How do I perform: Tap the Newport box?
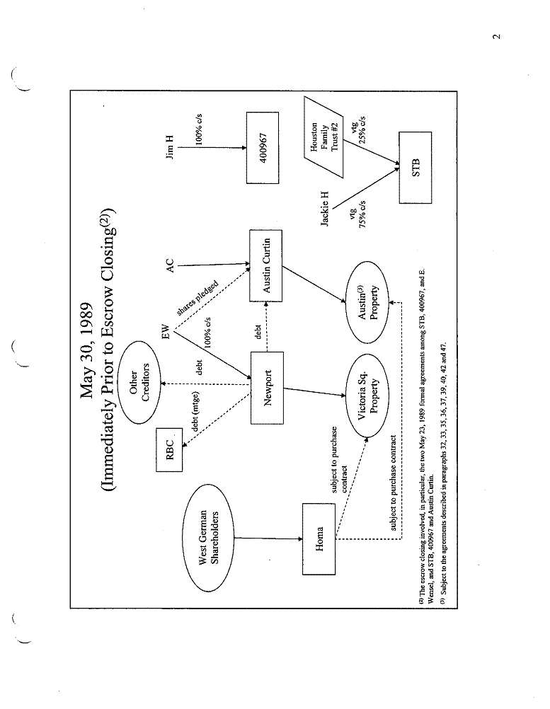point(267,388)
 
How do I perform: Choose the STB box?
point(415,167)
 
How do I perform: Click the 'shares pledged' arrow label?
point(199,301)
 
